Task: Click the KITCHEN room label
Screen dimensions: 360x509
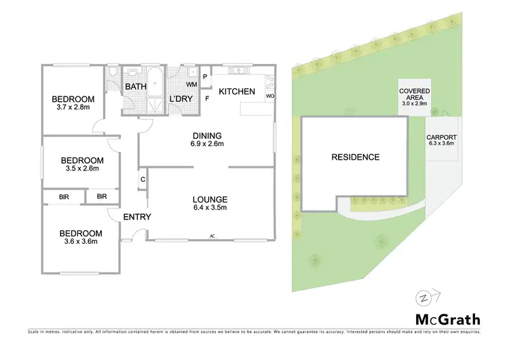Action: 236,91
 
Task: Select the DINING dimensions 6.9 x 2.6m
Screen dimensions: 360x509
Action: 207,144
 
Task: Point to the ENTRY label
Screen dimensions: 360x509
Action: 137,217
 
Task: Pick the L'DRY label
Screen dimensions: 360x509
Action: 181,99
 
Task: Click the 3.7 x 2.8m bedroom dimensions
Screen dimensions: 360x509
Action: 73,107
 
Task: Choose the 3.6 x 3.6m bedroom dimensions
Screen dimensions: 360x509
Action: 81,241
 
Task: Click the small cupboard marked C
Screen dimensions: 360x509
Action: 143,179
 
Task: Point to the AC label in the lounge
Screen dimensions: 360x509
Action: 212,236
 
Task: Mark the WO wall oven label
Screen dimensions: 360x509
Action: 269,96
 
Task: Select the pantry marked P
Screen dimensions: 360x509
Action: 206,77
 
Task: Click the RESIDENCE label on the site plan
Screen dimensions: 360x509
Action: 355,157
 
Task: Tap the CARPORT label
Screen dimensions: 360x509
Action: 441,137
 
